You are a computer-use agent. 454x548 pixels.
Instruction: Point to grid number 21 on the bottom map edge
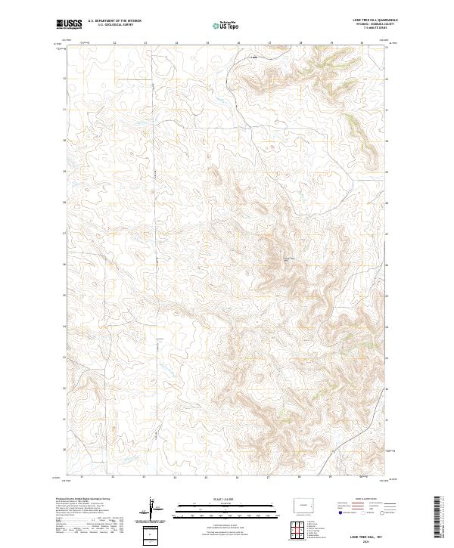[81, 478]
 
